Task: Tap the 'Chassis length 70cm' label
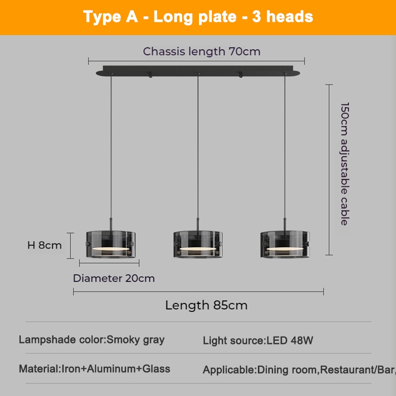pyautogui.click(x=201, y=51)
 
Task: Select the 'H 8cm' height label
pyautogui.click(x=45, y=245)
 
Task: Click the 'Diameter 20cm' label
pyautogui.click(x=114, y=278)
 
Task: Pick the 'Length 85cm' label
pyautogui.click(x=206, y=305)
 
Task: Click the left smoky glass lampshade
pyautogui.click(x=110, y=245)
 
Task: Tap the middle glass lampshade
pyautogui.click(x=198, y=245)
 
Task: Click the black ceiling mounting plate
pyautogui.click(x=198, y=70)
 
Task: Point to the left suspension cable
pyautogui.click(x=110, y=148)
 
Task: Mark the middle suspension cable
pyautogui.click(x=198, y=148)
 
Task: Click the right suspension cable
pyautogui.click(x=285, y=148)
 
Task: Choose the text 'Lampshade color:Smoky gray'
pyautogui.click(x=92, y=340)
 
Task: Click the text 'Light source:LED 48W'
pyautogui.click(x=258, y=341)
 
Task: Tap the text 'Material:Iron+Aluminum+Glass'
pyautogui.click(x=95, y=369)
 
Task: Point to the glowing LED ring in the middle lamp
pyautogui.click(x=198, y=248)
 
